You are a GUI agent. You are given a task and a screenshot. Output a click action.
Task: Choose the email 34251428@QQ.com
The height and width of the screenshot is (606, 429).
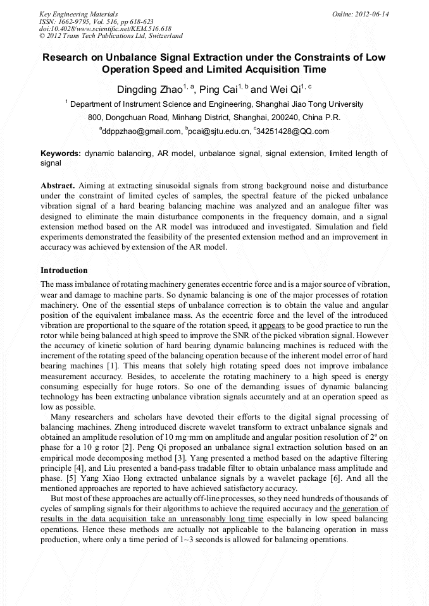point(292,131)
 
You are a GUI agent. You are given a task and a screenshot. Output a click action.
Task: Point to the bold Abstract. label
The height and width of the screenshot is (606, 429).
point(59,186)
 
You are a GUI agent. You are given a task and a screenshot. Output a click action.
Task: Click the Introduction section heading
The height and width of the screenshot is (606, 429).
point(64,270)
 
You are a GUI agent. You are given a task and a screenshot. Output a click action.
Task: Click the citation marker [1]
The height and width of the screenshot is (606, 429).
point(113,366)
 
